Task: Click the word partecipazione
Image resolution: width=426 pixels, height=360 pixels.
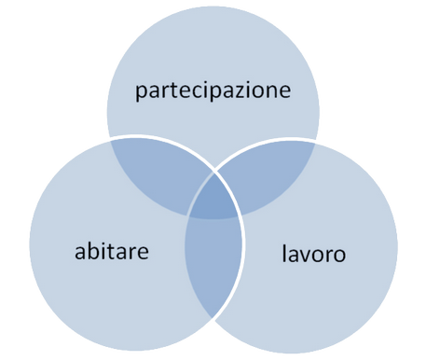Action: (213, 90)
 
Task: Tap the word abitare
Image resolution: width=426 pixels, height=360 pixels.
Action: (112, 251)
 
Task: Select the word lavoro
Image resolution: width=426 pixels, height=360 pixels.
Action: (314, 254)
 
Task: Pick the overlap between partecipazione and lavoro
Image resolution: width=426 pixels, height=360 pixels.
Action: (268, 174)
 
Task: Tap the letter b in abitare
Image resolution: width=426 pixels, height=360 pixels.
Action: (93, 251)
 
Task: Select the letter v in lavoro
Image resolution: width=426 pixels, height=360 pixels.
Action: (306, 256)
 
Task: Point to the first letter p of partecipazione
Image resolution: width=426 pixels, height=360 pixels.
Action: (141, 92)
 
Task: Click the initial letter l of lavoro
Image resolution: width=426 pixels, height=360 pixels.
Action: (284, 253)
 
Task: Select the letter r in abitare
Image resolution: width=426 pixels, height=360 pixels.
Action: (132, 253)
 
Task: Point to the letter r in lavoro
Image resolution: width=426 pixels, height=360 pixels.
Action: (327, 256)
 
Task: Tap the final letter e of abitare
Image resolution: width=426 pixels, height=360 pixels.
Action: (143, 254)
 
